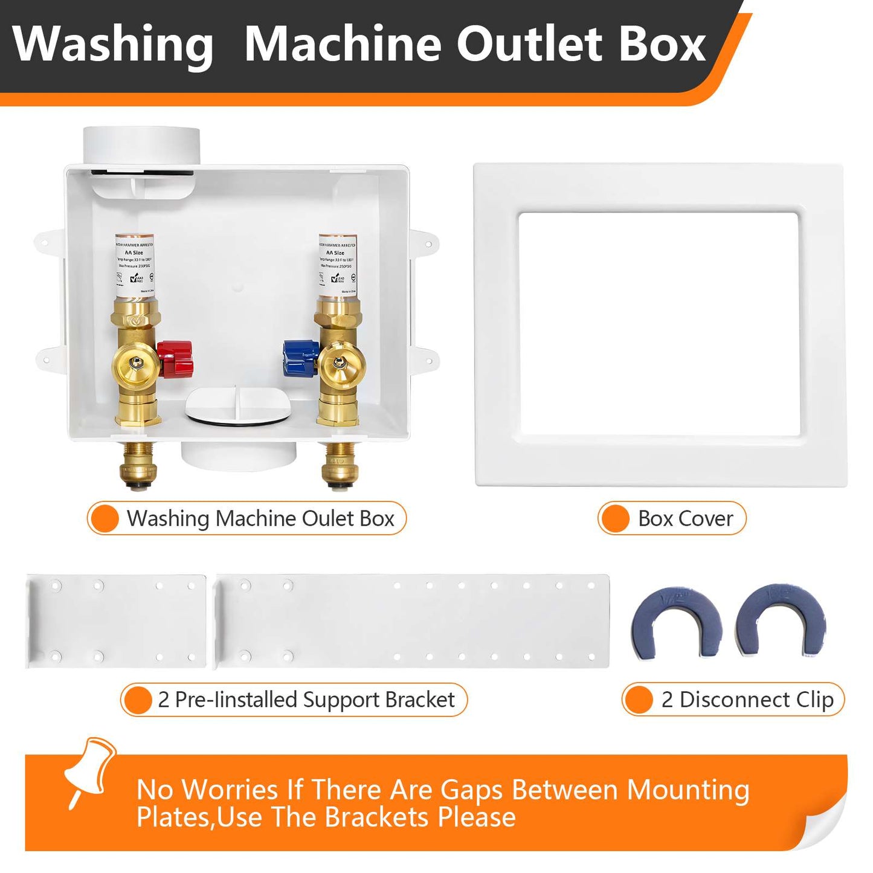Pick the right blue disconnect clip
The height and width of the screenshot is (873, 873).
coord(781,620)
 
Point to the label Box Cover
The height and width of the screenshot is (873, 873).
coord(685,518)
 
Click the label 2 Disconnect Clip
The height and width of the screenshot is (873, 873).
coord(747,700)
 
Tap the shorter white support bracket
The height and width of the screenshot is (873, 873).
coord(116,621)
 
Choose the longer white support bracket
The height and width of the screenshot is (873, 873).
coord(412,621)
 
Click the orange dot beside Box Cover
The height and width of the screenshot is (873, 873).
coord(616,518)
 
